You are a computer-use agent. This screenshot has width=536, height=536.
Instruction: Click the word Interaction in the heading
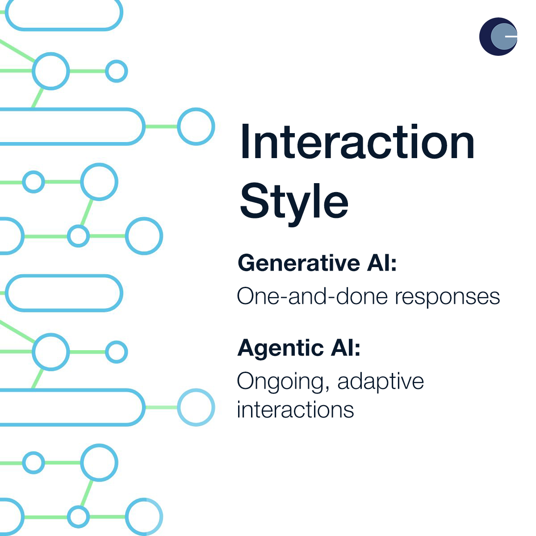point(357,142)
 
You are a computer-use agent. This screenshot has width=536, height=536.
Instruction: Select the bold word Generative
point(299,263)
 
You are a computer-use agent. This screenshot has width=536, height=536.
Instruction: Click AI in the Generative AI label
point(379,263)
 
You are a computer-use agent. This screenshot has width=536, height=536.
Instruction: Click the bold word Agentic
point(281,349)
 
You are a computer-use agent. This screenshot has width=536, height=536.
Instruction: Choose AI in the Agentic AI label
point(343,348)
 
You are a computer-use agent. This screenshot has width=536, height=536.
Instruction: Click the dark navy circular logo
point(498,37)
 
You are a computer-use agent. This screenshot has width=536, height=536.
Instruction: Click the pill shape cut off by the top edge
point(64,29)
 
